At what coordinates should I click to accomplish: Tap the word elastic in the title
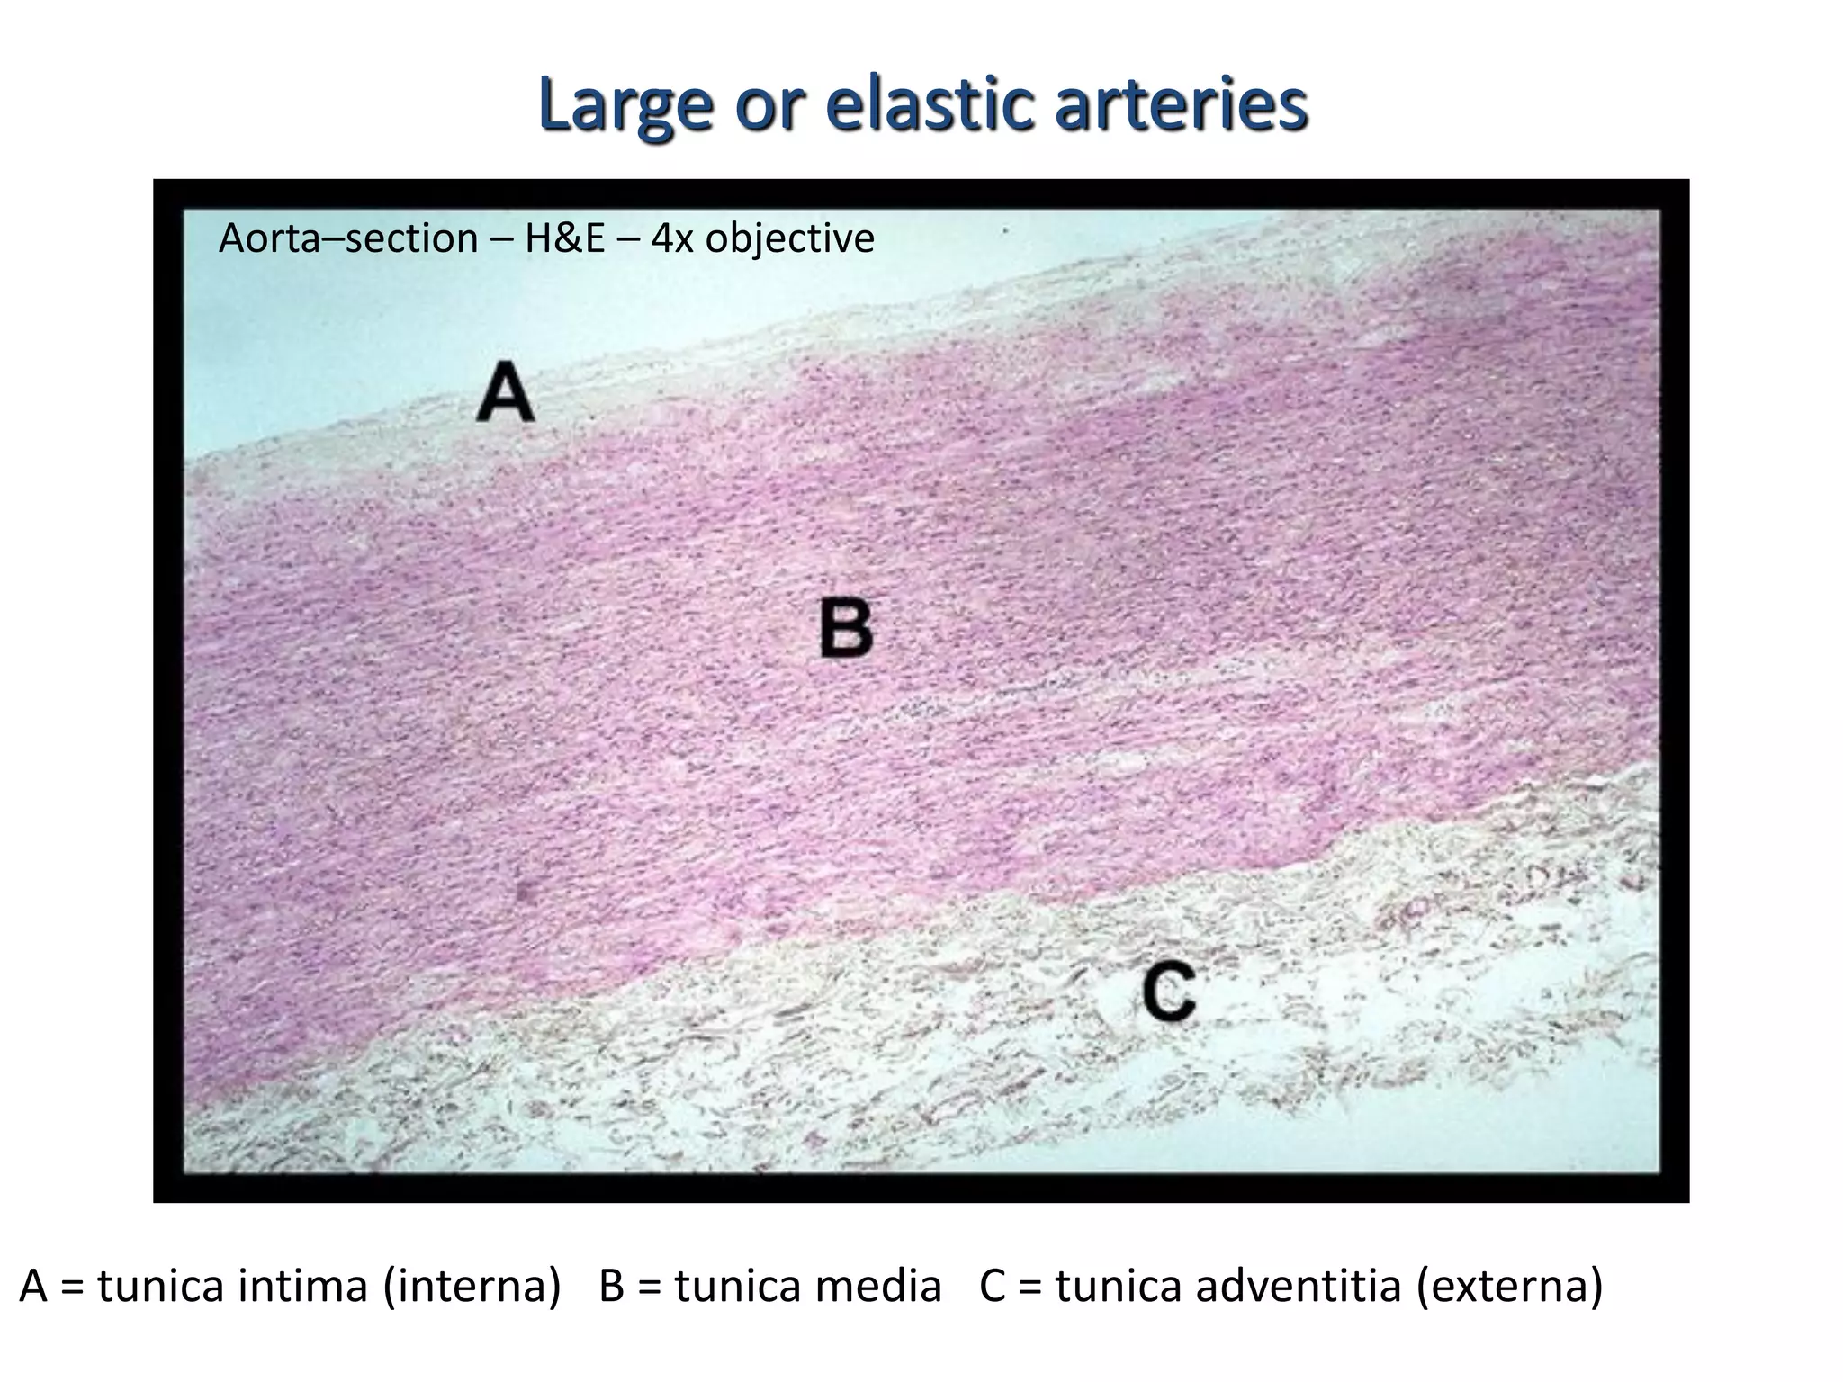(930, 105)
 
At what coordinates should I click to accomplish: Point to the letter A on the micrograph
(506, 392)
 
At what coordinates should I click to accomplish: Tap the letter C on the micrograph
(1169, 991)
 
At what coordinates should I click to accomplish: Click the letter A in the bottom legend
(33, 1287)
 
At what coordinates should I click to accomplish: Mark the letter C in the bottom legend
(993, 1287)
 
